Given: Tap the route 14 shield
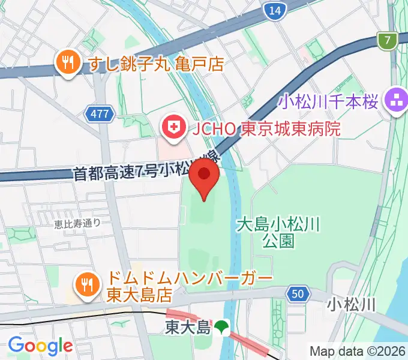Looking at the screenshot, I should pos(274,11).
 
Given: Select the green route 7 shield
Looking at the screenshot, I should pos(388,41).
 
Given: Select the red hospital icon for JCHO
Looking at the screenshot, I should pos(174,128).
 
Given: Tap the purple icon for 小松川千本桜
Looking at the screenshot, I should pos(395,99).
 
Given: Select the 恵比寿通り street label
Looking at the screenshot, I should pos(77,224).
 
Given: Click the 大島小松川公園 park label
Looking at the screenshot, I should pos(278,233).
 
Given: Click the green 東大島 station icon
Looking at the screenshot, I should pos(223,327).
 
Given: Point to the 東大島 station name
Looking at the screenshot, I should pos(188,328).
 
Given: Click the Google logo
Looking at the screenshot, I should pos(40,346).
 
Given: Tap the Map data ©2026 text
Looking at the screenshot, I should pos(358,350).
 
